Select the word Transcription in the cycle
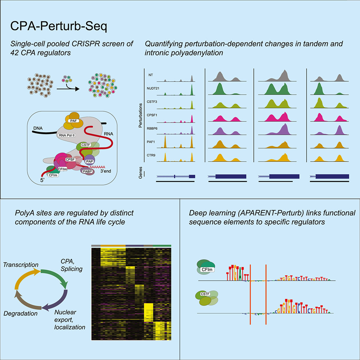point(21,265)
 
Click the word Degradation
point(21,313)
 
